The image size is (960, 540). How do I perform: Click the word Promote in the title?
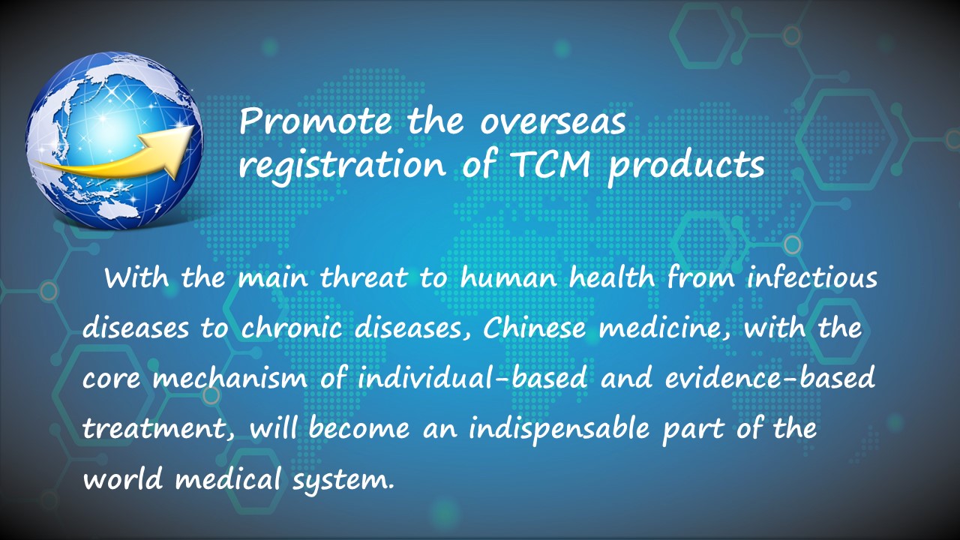pos(315,121)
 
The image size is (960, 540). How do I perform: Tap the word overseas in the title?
pos(553,122)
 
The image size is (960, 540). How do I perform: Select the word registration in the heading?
pos(342,166)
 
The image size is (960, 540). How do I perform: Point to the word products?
pos(686,166)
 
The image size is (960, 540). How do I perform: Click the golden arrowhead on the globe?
pos(173,147)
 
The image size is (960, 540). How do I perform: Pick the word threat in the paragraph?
pos(364,277)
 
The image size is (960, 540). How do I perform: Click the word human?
pos(508,277)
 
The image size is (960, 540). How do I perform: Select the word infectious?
pos(812,277)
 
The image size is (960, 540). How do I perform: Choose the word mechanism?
pos(230,379)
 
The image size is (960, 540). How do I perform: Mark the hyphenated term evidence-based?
pos(769,379)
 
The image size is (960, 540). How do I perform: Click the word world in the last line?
pos(122,478)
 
